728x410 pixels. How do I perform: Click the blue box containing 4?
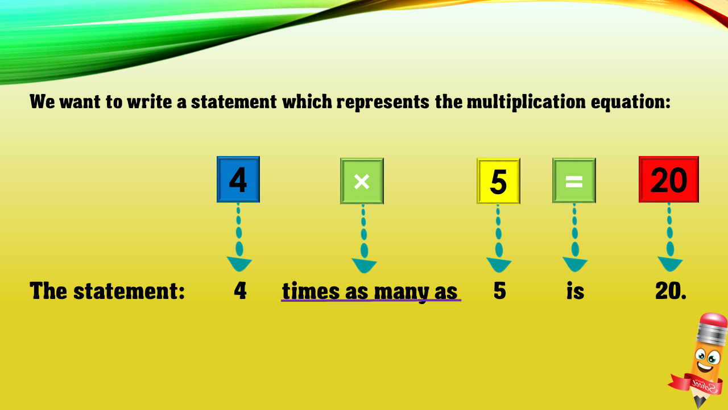point(238,179)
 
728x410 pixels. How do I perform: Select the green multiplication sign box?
point(362,181)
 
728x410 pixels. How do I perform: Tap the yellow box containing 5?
point(498,181)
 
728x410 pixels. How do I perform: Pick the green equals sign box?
point(574,181)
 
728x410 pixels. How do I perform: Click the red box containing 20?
point(668,179)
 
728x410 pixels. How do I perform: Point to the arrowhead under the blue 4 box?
point(239,264)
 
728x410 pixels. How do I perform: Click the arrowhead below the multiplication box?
point(365,265)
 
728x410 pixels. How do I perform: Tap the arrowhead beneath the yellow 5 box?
point(499,265)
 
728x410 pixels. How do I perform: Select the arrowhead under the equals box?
point(575,264)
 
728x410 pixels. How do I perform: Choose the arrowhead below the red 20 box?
point(670,264)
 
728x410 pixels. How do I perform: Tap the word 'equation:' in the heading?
point(631,102)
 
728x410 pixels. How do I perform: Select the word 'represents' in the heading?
point(383,102)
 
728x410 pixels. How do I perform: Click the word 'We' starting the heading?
point(42,101)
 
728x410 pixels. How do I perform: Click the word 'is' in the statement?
point(575,290)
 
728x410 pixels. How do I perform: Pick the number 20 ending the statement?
point(671,290)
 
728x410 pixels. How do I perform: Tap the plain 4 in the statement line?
point(240,290)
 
